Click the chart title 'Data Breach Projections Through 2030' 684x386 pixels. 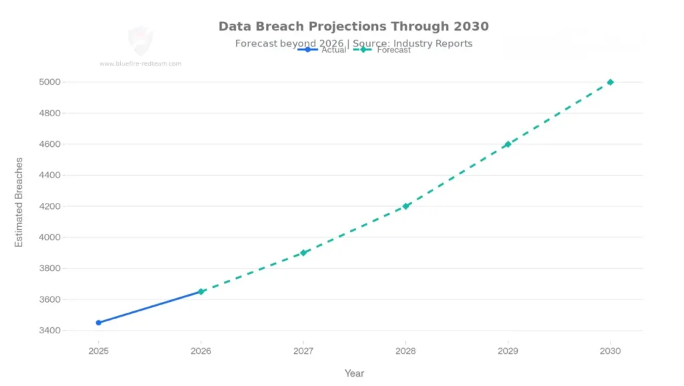click(353, 27)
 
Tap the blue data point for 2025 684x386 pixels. click(99, 323)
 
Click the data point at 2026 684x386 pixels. click(201, 292)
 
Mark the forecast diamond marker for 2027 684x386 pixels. click(303, 252)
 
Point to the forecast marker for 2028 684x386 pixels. click(405, 206)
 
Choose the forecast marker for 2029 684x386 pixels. click(508, 144)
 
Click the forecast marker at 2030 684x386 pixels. click(610, 82)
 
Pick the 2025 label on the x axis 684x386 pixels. click(99, 351)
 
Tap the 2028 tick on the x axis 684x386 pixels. click(405, 351)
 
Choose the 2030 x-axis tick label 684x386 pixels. click(610, 351)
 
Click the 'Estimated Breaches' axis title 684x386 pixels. click(19, 202)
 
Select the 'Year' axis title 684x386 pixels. click(354, 373)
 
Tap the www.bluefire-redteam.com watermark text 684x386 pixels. click(140, 64)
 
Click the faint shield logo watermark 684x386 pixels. click(140, 40)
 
